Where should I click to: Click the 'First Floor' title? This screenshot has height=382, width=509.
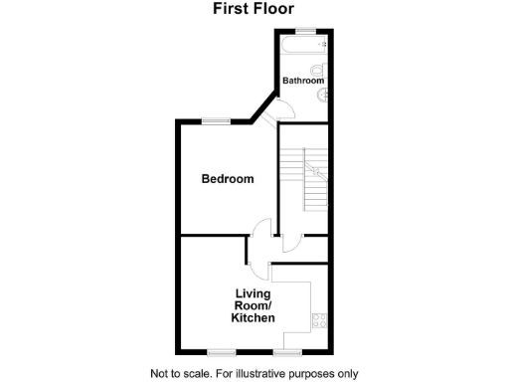[x=254, y=9]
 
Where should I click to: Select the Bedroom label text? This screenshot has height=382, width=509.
[x=228, y=179]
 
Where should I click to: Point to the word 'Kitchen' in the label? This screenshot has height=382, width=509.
[x=254, y=318]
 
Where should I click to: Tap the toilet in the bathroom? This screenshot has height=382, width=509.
[x=316, y=70]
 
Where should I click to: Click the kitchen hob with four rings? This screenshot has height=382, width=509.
[x=319, y=320]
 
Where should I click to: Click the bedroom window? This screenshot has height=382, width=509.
[x=215, y=122]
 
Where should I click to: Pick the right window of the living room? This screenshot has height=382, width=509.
[x=287, y=351]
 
